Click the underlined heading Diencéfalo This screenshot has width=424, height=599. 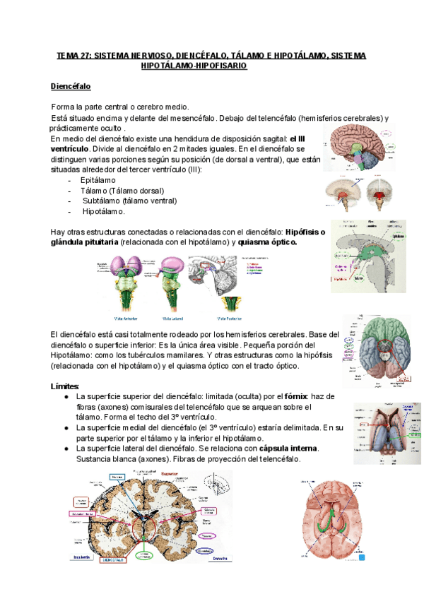[x=71, y=86]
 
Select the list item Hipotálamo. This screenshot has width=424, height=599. [x=104, y=211]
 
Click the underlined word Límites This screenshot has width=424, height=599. [x=65, y=386]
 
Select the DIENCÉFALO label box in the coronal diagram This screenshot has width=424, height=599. [x=114, y=559]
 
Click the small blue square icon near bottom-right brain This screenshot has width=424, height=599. [x=363, y=558]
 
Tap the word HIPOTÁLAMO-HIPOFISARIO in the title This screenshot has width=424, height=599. [x=194, y=66]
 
